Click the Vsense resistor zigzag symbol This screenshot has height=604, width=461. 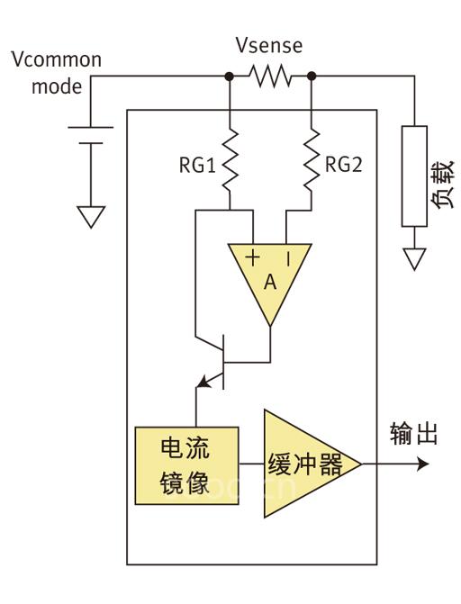(270, 77)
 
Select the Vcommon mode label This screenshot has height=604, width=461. (56, 74)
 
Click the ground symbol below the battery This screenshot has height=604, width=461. (90, 217)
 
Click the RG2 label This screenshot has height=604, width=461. (343, 166)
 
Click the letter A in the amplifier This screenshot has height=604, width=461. (270, 282)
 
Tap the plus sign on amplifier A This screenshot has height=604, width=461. (253, 258)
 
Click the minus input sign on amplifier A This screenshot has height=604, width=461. (288, 258)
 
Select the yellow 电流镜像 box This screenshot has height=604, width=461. (185, 464)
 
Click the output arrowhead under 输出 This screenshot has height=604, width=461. (422, 465)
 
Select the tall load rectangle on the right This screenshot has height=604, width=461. (413, 176)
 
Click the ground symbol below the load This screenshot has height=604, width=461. (413, 259)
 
